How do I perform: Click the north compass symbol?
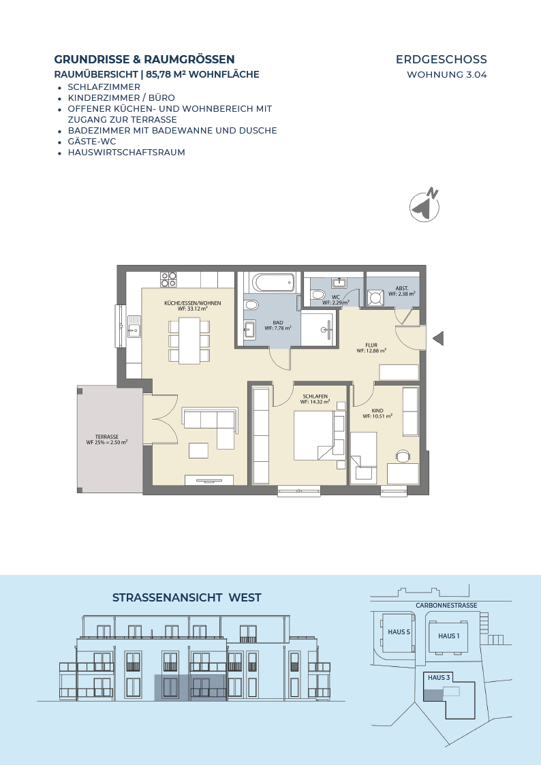(424, 205)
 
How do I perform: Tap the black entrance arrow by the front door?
(439, 338)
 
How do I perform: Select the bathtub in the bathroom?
(273, 283)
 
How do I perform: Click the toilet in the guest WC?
(318, 294)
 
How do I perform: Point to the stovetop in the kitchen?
(169, 279)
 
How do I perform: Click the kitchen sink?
(134, 327)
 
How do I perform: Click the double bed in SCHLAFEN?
(314, 435)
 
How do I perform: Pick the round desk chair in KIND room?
(403, 456)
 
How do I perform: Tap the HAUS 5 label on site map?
(399, 631)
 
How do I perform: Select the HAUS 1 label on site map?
(449, 636)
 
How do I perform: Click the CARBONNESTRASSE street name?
(446, 606)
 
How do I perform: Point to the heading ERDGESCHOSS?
(441, 59)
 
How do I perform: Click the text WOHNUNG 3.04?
(447, 75)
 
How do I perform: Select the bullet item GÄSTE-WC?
(92, 142)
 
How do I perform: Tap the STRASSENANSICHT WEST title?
(187, 597)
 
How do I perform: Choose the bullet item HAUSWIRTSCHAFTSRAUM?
(126, 152)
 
